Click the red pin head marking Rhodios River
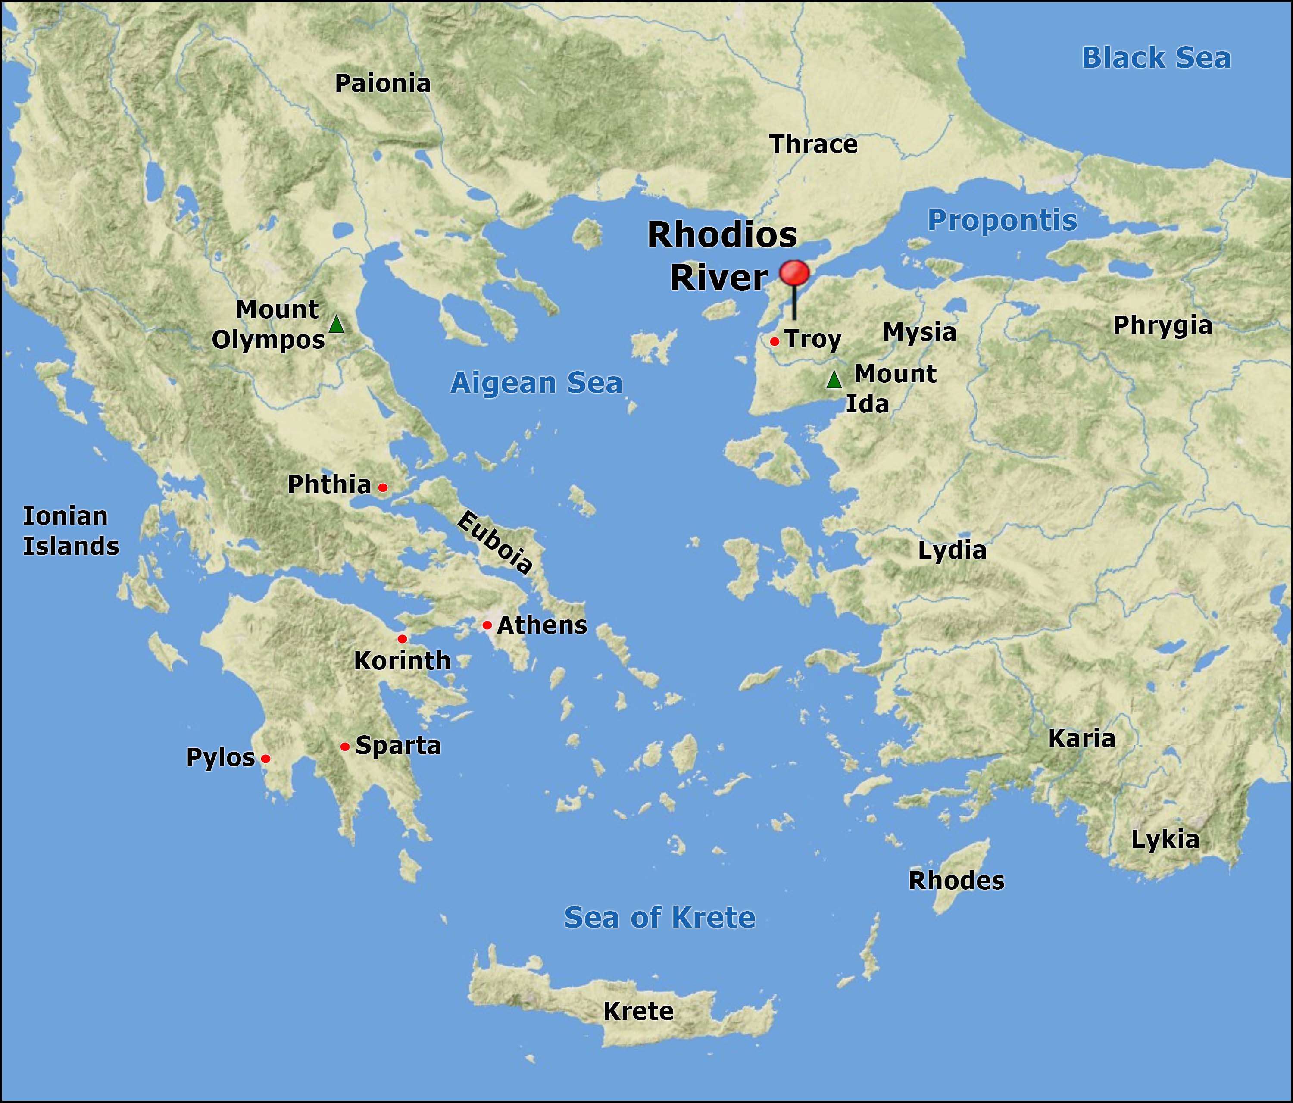tap(794, 273)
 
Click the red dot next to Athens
tap(487, 625)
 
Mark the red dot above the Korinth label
tap(402, 639)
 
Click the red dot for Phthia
tap(383, 487)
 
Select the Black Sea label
tap(1156, 58)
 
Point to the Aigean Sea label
tap(536, 383)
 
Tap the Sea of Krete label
tap(659, 918)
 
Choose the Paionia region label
tap(383, 84)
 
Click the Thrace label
tap(813, 144)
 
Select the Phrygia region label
tap(1162, 325)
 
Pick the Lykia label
tap(1165, 840)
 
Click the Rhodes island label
tap(956, 881)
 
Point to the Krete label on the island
tap(638, 1011)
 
